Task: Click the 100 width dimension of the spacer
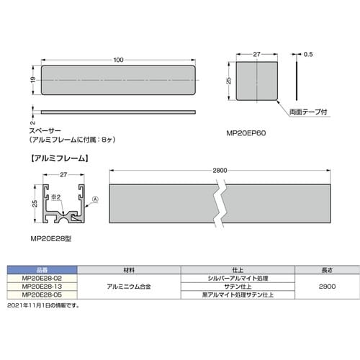click(x=119, y=60)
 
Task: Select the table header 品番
click(x=41, y=270)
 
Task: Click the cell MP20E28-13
click(x=41, y=286)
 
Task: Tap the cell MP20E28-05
click(x=41, y=294)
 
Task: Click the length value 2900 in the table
click(x=325, y=286)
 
